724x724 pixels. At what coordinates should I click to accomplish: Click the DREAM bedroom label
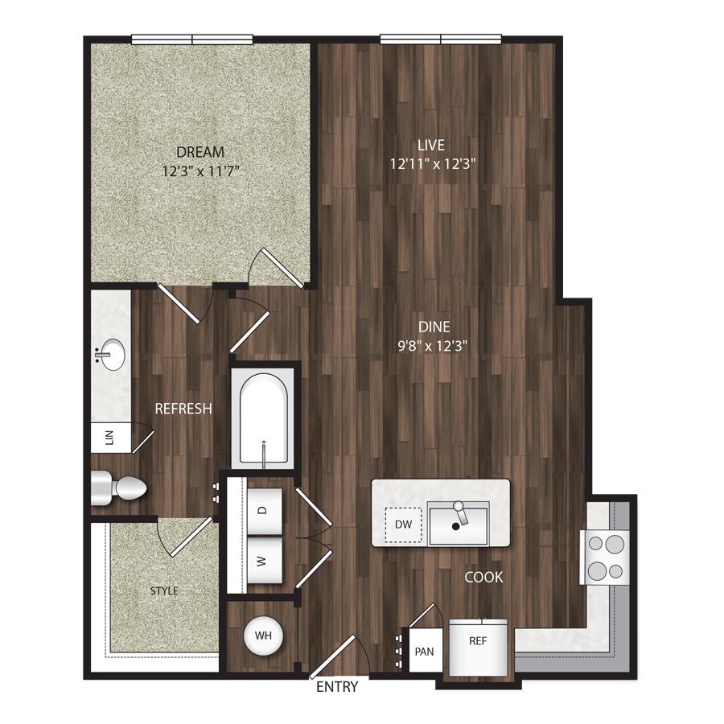(200, 152)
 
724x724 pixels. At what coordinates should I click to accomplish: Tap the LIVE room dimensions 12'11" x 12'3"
(433, 164)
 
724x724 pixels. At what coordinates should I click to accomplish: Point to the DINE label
(434, 327)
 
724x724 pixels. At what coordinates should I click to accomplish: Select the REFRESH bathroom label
(183, 409)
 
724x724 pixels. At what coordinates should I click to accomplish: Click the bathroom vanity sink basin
(112, 355)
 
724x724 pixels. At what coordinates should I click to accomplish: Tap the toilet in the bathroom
(118, 488)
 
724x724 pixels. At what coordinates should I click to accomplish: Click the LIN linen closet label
(109, 437)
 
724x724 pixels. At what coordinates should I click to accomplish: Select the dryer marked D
(264, 510)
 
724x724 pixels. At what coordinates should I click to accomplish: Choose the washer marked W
(264, 561)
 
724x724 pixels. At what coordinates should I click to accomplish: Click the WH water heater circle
(263, 636)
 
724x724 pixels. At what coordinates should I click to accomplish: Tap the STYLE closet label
(164, 591)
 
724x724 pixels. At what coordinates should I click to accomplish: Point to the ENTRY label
(337, 687)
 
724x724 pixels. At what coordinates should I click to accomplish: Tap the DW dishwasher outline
(403, 524)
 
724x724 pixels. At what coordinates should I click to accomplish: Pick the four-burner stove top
(605, 557)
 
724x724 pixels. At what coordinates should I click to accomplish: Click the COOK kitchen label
(483, 577)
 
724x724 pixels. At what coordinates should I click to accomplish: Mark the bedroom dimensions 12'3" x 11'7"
(200, 172)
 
